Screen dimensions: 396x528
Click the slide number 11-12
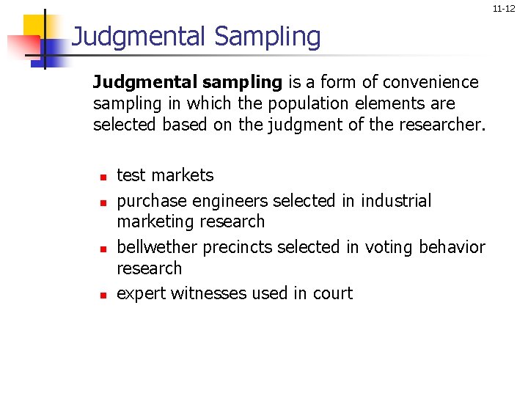(x=504, y=9)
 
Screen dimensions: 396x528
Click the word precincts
(x=235, y=247)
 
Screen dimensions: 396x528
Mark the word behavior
(x=452, y=247)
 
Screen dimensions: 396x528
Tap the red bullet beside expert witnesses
(x=103, y=295)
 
